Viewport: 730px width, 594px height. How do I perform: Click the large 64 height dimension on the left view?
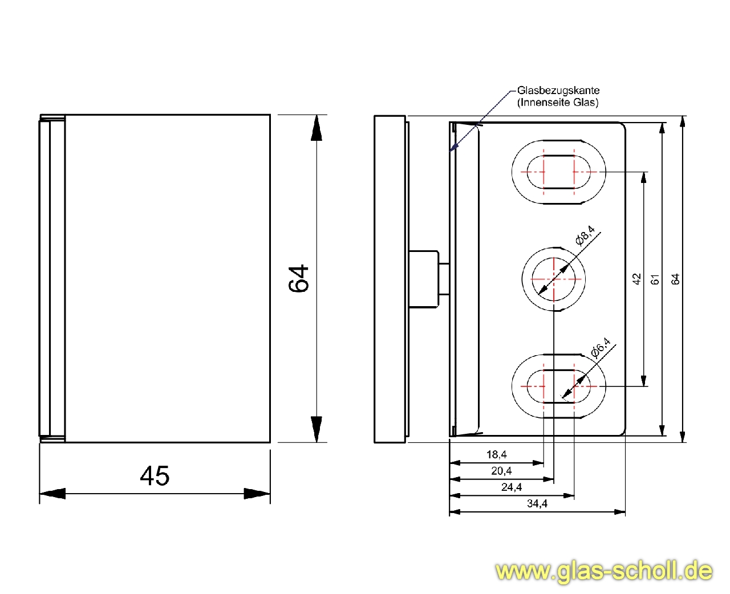(x=299, y=279)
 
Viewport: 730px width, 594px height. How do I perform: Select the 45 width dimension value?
(x=155, y=476)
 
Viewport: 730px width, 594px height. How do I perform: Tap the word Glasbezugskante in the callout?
(x=558, y=90)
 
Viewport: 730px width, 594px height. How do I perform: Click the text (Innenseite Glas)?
(x=558, y=103)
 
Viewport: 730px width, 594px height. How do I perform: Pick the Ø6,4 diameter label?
(x=600, y=348)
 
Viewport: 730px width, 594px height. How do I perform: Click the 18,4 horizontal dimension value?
(x=496, y=454)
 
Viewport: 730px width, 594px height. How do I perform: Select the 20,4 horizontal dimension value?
(x=501, y=471)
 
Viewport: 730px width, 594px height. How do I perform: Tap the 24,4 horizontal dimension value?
(x=512, y=487)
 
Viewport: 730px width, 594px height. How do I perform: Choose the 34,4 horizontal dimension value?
(x=537, y=503)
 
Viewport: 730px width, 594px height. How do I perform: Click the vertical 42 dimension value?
(x=637, y=279)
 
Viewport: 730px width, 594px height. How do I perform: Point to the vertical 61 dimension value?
(x=655, y=279)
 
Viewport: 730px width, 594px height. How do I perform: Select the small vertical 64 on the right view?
(x=676, y=279)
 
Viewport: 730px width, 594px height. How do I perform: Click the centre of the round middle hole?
(x=554, y=279)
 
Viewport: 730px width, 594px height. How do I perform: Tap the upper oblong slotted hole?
(x=558, y=171)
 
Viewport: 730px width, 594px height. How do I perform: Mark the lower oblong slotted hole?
(x=558, y=386)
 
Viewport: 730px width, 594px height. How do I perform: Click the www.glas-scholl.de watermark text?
(x=604, y=571)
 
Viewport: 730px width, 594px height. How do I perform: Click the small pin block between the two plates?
(x=424, y=279)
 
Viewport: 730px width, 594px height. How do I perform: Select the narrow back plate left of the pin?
(x=390, y=279)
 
